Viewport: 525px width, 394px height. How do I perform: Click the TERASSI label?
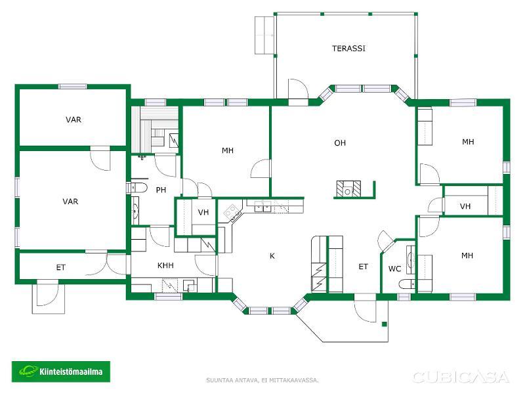point(348,48)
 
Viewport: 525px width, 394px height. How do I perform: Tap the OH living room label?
point(340,143)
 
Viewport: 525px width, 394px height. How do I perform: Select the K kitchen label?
point(272,256)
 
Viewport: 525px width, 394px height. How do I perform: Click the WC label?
point(395,269)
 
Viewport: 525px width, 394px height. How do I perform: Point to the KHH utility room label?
point(165,265)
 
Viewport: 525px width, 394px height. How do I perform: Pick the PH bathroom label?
point(161,190)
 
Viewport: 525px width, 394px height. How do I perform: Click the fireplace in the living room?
point(348,188)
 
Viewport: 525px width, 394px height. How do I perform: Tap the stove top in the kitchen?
point(232,211)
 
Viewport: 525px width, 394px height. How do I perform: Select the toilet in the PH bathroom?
point(138,188)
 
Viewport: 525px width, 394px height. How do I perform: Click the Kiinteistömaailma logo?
point(61,372)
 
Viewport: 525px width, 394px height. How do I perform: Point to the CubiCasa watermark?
point(461,377)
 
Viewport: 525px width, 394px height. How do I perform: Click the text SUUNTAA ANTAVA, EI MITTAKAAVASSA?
point(262,380)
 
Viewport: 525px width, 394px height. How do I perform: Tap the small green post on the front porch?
point(385,324)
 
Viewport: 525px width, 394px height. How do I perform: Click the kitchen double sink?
point(262,207)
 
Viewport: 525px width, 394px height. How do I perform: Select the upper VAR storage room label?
point(73,120)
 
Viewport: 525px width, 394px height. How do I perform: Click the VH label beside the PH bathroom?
point(203,212)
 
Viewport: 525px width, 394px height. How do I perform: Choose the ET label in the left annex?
point(60,267)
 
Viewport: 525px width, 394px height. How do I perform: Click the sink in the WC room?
point(411,259)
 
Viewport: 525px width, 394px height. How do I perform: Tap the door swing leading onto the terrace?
point(298,88)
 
